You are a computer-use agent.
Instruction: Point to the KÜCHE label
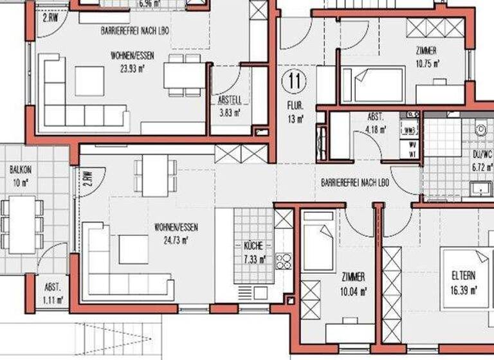pos(253,246)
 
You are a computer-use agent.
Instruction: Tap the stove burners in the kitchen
pos(284,260)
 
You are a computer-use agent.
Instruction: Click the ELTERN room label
pos(464,277)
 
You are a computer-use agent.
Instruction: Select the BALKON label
pos(19,170)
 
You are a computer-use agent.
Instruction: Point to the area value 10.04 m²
pos(354,290)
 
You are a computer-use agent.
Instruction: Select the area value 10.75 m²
pos(427,64)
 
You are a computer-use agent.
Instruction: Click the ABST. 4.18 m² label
pos(376,122)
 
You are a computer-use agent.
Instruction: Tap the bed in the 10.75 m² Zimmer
pos(372,85)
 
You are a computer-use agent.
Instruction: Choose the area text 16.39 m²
pos(464,291)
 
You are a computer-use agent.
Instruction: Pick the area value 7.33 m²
pos(253,259)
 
